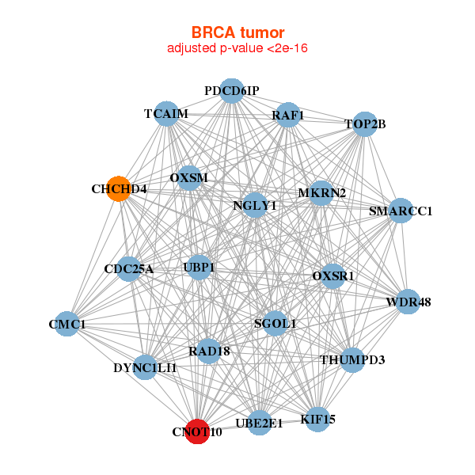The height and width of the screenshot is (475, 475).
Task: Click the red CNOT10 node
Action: click(x=197, y=431)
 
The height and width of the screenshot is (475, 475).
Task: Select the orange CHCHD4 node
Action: click(x=119, y=189)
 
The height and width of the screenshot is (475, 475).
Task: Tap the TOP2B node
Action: click(x=364, y=123)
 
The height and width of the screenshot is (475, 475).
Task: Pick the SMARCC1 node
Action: click(x=401, y=211)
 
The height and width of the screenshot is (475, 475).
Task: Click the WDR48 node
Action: click(x=408, y=302)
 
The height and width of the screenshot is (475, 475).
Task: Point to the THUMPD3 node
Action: click(x=352, y=360)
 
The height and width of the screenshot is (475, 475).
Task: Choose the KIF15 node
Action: click(x=317, y=419)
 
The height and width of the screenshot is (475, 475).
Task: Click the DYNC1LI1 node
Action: click(x=145, y=367)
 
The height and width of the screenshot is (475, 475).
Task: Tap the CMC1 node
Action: click(x=67, y=325)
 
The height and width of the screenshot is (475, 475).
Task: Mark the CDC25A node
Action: click(x=129, y=269)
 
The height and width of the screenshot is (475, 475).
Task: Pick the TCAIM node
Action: click(x=166, y=113)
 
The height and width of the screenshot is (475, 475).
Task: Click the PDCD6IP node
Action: click(x=231, y=91)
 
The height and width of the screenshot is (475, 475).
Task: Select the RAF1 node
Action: click(x=287, y=116)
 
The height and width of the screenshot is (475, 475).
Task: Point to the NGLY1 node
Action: click(x=255, y=206)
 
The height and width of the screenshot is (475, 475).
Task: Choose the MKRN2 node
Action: click(x=321, y=193)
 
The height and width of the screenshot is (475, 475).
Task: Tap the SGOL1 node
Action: click(x=275, y=323)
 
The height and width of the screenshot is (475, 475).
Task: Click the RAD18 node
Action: click(x=208, y=351)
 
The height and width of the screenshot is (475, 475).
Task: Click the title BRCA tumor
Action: click(x=237, y=32)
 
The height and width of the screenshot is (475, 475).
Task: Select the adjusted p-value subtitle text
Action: click(x=237, y=48)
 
